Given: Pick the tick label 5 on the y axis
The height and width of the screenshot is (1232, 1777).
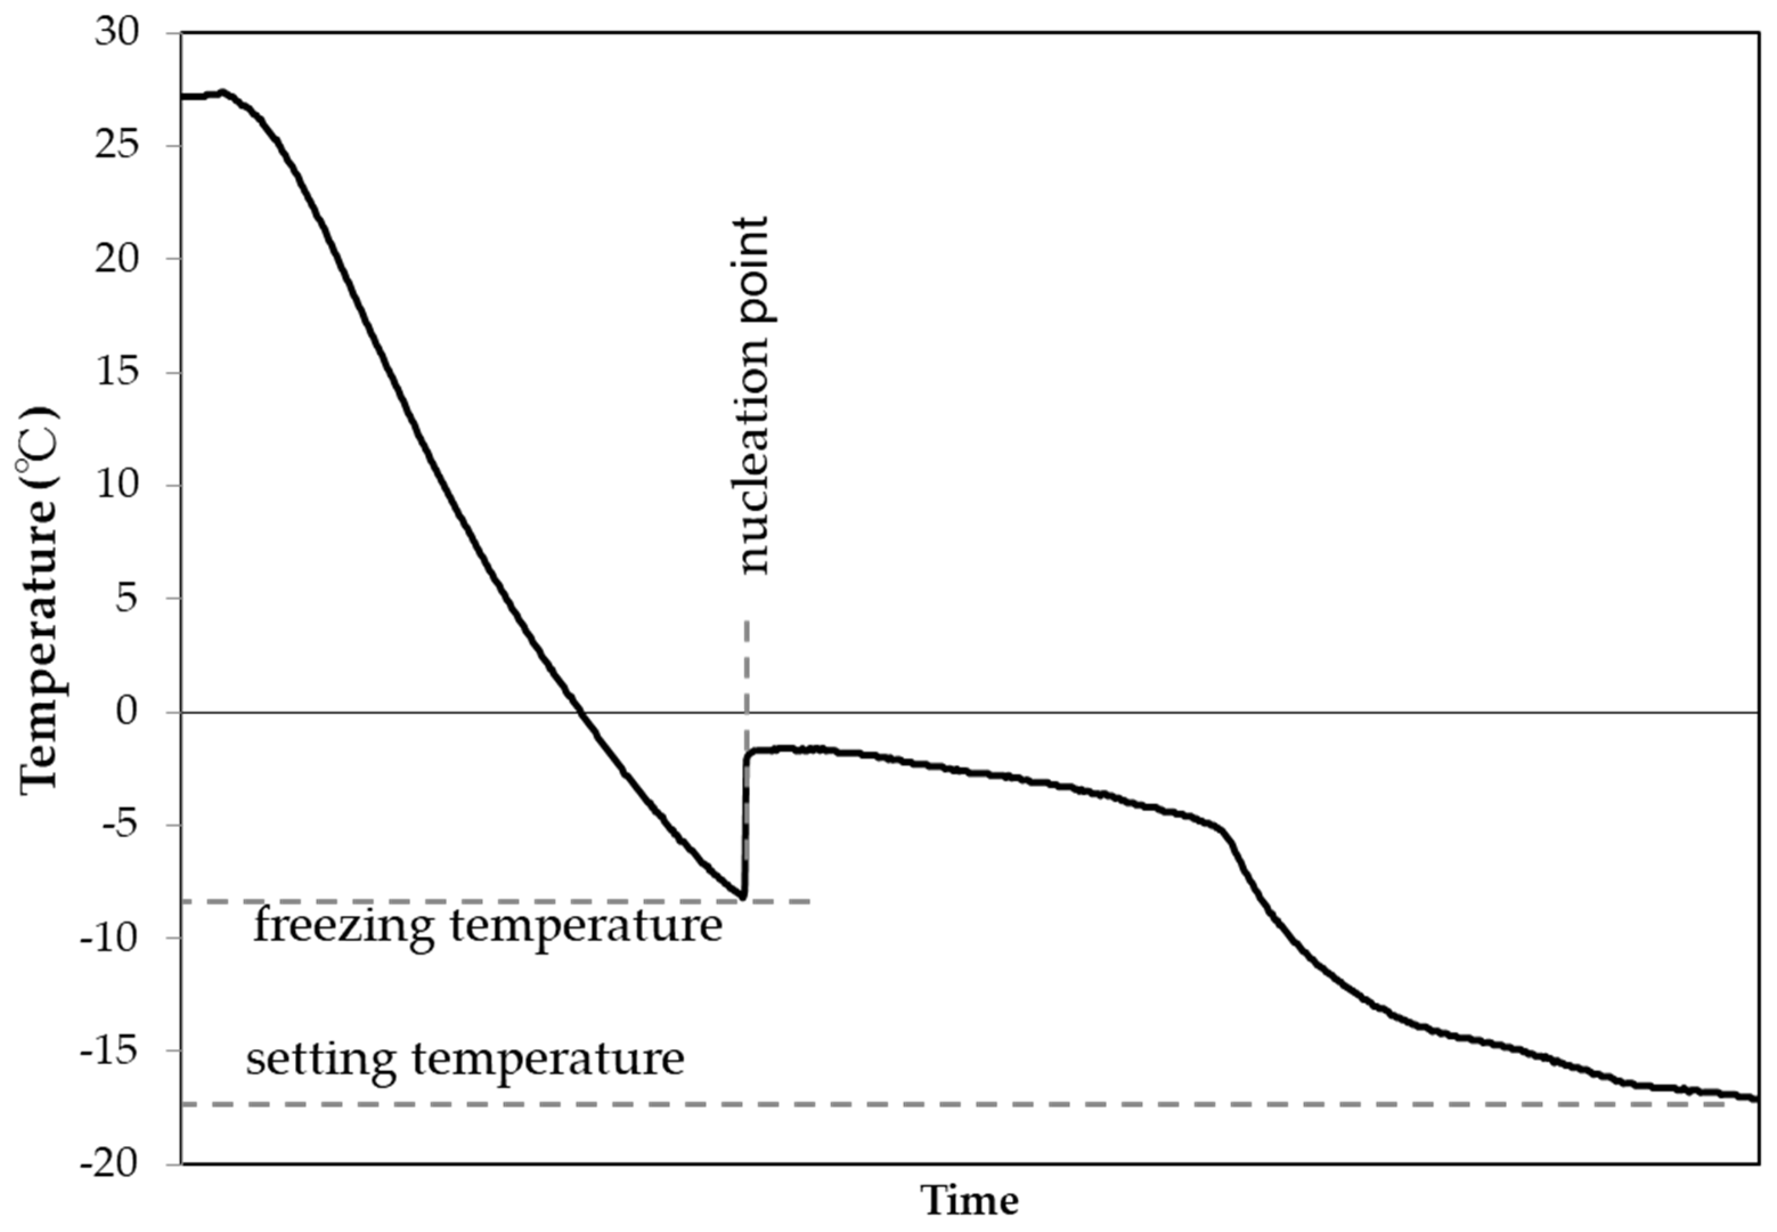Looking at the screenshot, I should tap(127, 598).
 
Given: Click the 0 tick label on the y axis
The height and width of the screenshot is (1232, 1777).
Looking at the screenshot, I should tap(127, 711).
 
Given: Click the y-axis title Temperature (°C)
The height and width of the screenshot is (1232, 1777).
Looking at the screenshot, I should tap(39, 598).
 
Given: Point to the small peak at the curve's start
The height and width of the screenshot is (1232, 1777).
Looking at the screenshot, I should tap(222, 92).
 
